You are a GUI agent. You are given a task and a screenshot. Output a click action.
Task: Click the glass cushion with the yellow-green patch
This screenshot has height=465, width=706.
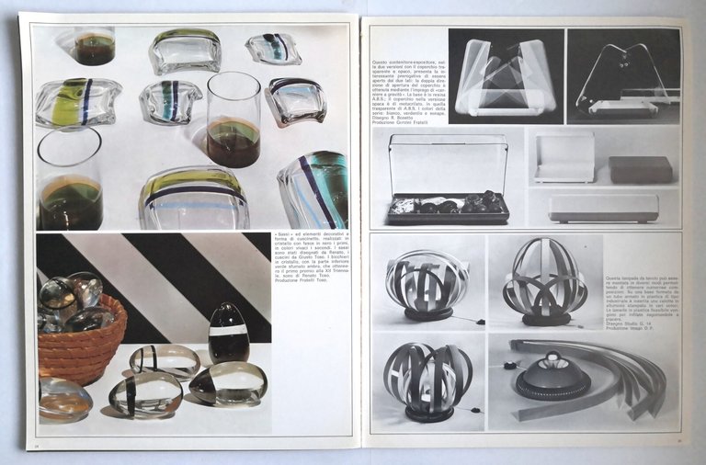77,101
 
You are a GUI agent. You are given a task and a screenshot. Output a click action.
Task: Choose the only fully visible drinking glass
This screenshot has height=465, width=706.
233,119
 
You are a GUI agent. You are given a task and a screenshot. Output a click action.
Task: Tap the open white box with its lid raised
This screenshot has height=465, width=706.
564,158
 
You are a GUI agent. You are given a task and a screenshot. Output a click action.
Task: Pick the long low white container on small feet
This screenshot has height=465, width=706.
603,207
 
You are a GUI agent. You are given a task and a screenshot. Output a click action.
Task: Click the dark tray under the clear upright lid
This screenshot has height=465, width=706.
447,208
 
